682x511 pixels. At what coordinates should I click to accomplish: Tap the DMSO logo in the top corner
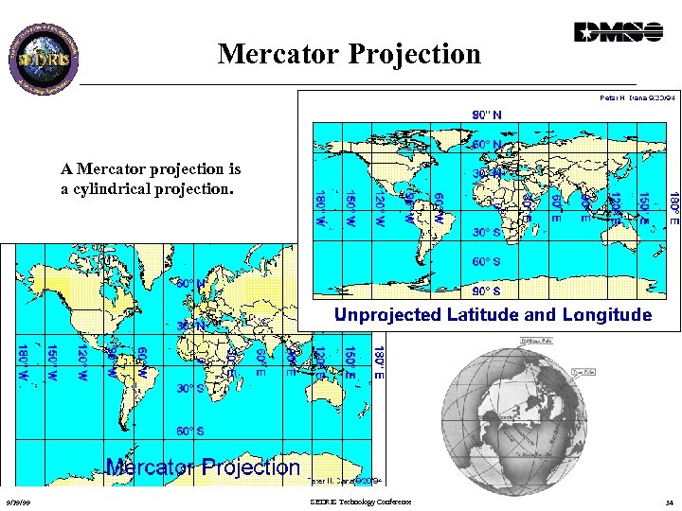(619, 32)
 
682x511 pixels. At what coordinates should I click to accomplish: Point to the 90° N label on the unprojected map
(488, 115)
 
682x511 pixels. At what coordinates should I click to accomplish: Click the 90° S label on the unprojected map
(487, 290)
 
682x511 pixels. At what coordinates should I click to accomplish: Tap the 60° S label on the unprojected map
(487, 261)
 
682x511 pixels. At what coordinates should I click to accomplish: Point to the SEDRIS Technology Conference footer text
(361, 502)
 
